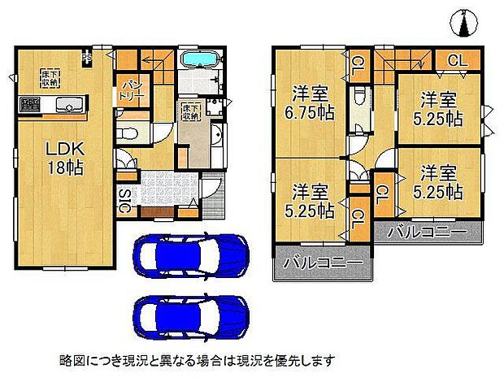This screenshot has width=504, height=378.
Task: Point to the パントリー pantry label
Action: tap(133, 90)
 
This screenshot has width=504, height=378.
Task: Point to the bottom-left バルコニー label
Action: tap(322, 265)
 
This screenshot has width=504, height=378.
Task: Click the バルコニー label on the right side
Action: tap(427, 232)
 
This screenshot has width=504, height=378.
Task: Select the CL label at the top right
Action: tap(457, 60)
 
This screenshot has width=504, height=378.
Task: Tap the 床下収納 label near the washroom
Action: tap(190, 111)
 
